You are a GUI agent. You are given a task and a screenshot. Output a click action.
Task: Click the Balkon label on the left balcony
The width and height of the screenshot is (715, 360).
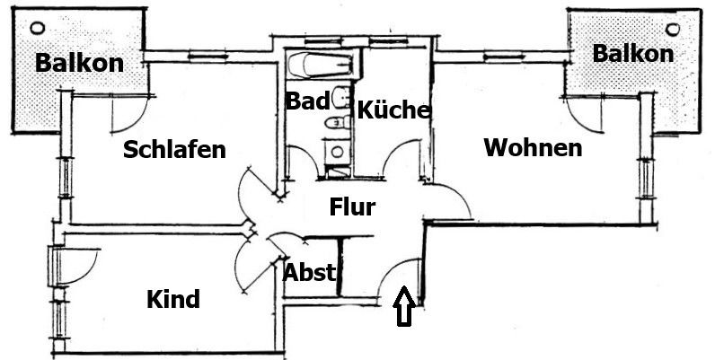point(78,64)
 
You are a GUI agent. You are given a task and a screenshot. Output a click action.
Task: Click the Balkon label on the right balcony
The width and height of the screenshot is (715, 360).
point(632,54)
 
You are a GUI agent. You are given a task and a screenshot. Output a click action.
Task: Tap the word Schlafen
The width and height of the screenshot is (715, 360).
point(174,149)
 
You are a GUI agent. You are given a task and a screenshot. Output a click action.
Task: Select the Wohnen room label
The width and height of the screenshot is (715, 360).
point(533,147)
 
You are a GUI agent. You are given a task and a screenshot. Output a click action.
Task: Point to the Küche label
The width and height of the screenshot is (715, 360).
point(394,110)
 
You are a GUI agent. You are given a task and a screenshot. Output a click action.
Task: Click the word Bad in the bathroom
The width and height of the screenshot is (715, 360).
point(306,101)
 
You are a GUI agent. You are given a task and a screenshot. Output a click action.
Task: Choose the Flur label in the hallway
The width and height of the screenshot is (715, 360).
point(352,207)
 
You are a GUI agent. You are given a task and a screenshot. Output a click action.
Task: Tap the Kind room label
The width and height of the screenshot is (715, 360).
point(173,299)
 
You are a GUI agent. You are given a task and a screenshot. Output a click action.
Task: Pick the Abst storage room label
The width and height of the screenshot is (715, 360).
point(310,272)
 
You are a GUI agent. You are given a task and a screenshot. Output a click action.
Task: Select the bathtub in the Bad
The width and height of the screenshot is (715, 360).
point(320,66)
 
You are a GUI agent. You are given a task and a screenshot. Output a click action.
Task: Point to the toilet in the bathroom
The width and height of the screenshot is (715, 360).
point(338,122)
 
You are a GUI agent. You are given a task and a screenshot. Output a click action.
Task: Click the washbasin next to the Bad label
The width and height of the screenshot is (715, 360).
point(339,95)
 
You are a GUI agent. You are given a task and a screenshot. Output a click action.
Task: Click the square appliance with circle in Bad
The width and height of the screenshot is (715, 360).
point(337,149)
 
